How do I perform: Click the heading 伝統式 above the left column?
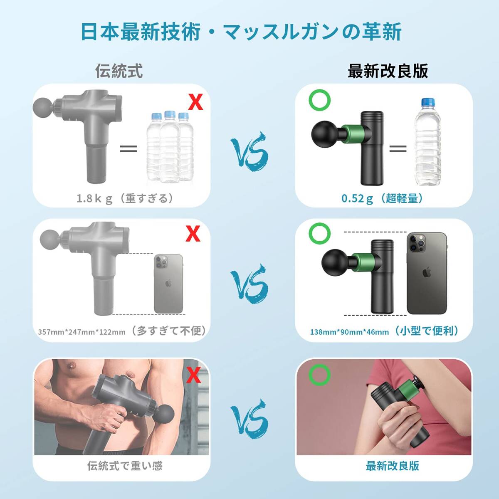click(x=119, y=71)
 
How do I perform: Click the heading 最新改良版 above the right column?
click(x=388, y=71)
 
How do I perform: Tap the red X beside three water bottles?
click(x=195, y=102)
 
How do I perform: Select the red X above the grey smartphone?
click(x=193, y=234)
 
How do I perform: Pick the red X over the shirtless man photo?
click(x=194, y=375)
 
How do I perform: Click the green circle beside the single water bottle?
click(x=320, y=100)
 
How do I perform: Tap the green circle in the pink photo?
click(x=319, y=375)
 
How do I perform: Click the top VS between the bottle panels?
click(x=249, y=152)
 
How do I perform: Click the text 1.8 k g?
click(x=94, y=199)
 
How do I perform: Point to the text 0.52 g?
click(x=357, y=199)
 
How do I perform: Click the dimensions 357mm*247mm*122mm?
click(x=82, y=332)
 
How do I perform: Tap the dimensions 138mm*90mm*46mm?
click(x=349, y=332)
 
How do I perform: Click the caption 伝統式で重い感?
click(x=125, y=466)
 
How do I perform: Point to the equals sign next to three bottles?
click(x=128, y=148)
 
